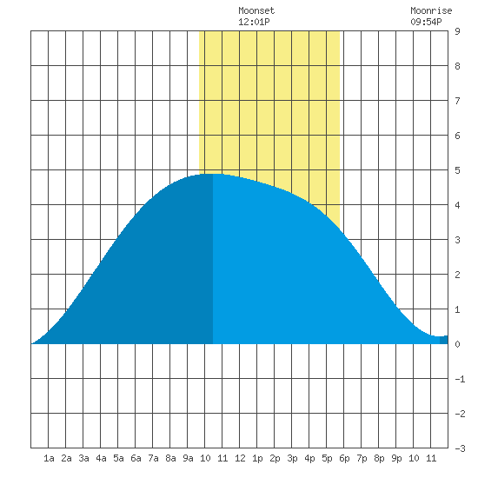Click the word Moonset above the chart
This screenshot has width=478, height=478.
pyautogui.click(x=256, y=10)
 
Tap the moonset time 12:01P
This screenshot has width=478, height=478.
pyautogui.click(x=254, y=22)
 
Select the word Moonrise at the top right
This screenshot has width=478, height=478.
pyautogui.click(x=431, y=10)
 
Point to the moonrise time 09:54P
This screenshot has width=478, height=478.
pyautogui.click(x=426, y=22)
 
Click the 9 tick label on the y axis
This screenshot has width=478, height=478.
pyautogui.click(x=457, y=31)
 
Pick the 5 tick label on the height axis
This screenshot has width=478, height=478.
pyautogui.click(x=457, y=170)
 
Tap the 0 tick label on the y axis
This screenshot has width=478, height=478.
pyautogui.click(x=457, y=344)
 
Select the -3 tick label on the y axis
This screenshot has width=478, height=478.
pyautogui.click(x=460, y=448)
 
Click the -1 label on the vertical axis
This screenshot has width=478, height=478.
pyautogui.click(x=460, y=379)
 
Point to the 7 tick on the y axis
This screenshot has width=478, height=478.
pyautogui.click(x=457, y=101)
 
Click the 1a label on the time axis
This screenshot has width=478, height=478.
pyautogui.click(x=49, y=458)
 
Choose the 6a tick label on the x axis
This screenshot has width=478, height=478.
pyautogui.click(x=136, y=458)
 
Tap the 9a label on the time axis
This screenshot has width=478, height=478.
pyautogui.click(x=188, y=458)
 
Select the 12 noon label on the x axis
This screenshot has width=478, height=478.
pyautogui.click(x=240, y=458)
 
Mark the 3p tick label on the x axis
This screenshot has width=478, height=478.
pyautogui.click(x=292, y=458)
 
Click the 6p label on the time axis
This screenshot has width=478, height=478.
pyautogui.click(x=344, y=458)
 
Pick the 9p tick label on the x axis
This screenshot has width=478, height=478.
pyautogui.click(x=396, y=458)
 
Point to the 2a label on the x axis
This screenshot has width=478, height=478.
pyautogui.click(x=66, y=458)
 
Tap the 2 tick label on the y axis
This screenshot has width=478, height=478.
pyautogui.click(x=457, y=275)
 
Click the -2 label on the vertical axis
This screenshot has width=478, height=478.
pyautogui.click(x=460, y=414)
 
